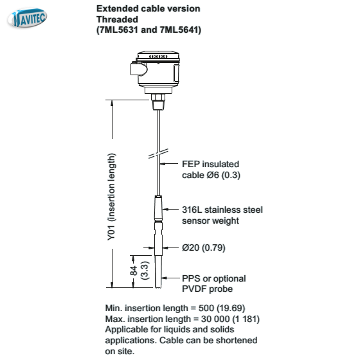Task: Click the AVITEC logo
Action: click(27, 18)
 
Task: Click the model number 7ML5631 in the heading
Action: click(118, 30)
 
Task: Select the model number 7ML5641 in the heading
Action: click(179, 30)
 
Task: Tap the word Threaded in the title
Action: click(117, 19)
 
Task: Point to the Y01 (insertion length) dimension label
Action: click(112, 197)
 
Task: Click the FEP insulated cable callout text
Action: click(211, 170)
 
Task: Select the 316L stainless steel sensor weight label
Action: click(222, 215)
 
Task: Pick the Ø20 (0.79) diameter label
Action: click(204, 248)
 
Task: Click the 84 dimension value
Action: click(134, 271)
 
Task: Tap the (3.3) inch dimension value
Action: click(145, 271)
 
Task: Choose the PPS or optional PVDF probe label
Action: click(213, 283)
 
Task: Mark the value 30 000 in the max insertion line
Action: click(215, 319)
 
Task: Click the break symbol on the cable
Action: click(158, 154)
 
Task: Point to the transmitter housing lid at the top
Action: click(158, 55)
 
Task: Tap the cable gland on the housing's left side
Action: click(138, 69)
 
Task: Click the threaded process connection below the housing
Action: click(158, 102)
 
